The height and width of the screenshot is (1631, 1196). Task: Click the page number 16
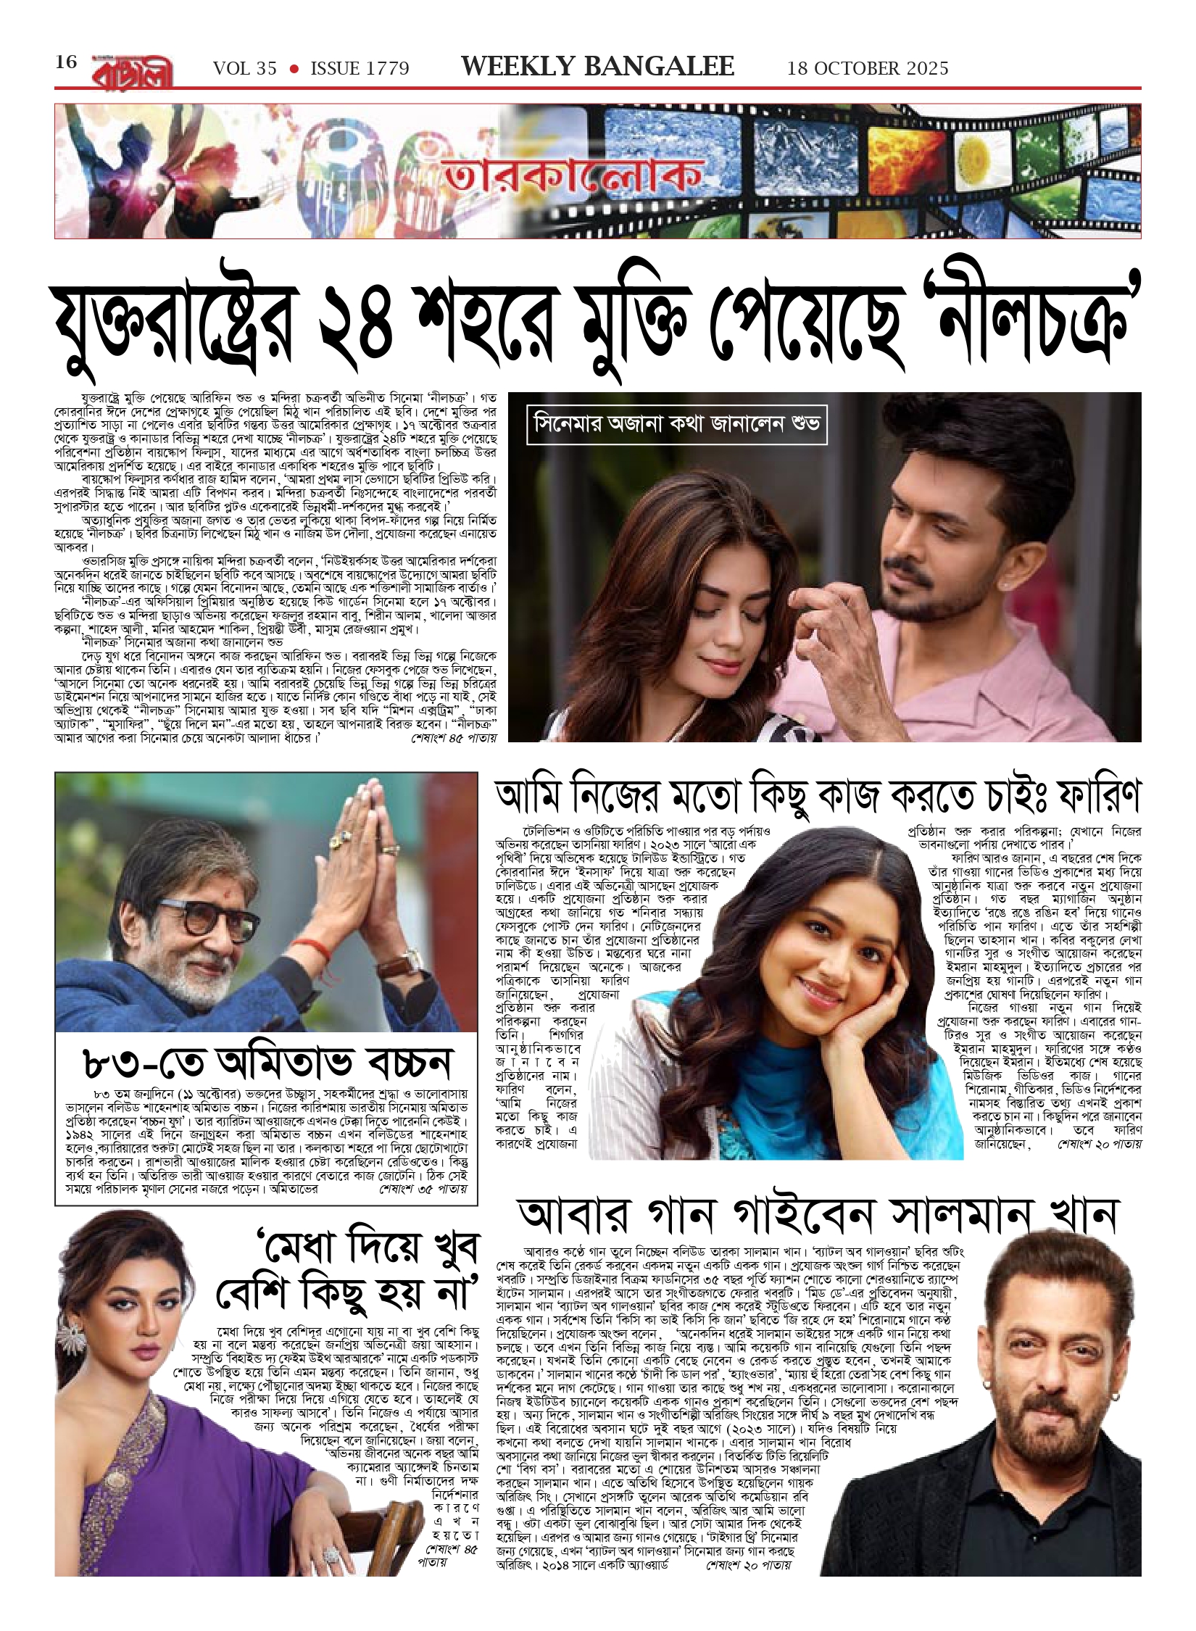pyautogui.click(x=66, y=62)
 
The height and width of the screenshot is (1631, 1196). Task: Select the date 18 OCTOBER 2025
pyautogui.click(x=868, y=69)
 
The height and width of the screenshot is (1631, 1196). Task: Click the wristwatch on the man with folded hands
pyautogui.click(x=407, y=964)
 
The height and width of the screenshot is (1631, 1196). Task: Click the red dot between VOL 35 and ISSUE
pyautogui.click(x=294, y=69)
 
